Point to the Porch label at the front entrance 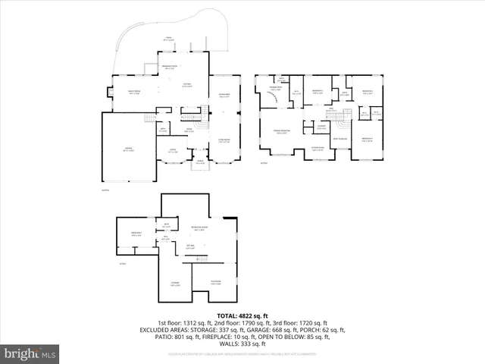(x=200, y=162)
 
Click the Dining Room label (x=224, y=94)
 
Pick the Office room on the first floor (x=173, y=150)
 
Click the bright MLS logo (x=30, y=353)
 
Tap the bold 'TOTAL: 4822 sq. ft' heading (x=242, y=315)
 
